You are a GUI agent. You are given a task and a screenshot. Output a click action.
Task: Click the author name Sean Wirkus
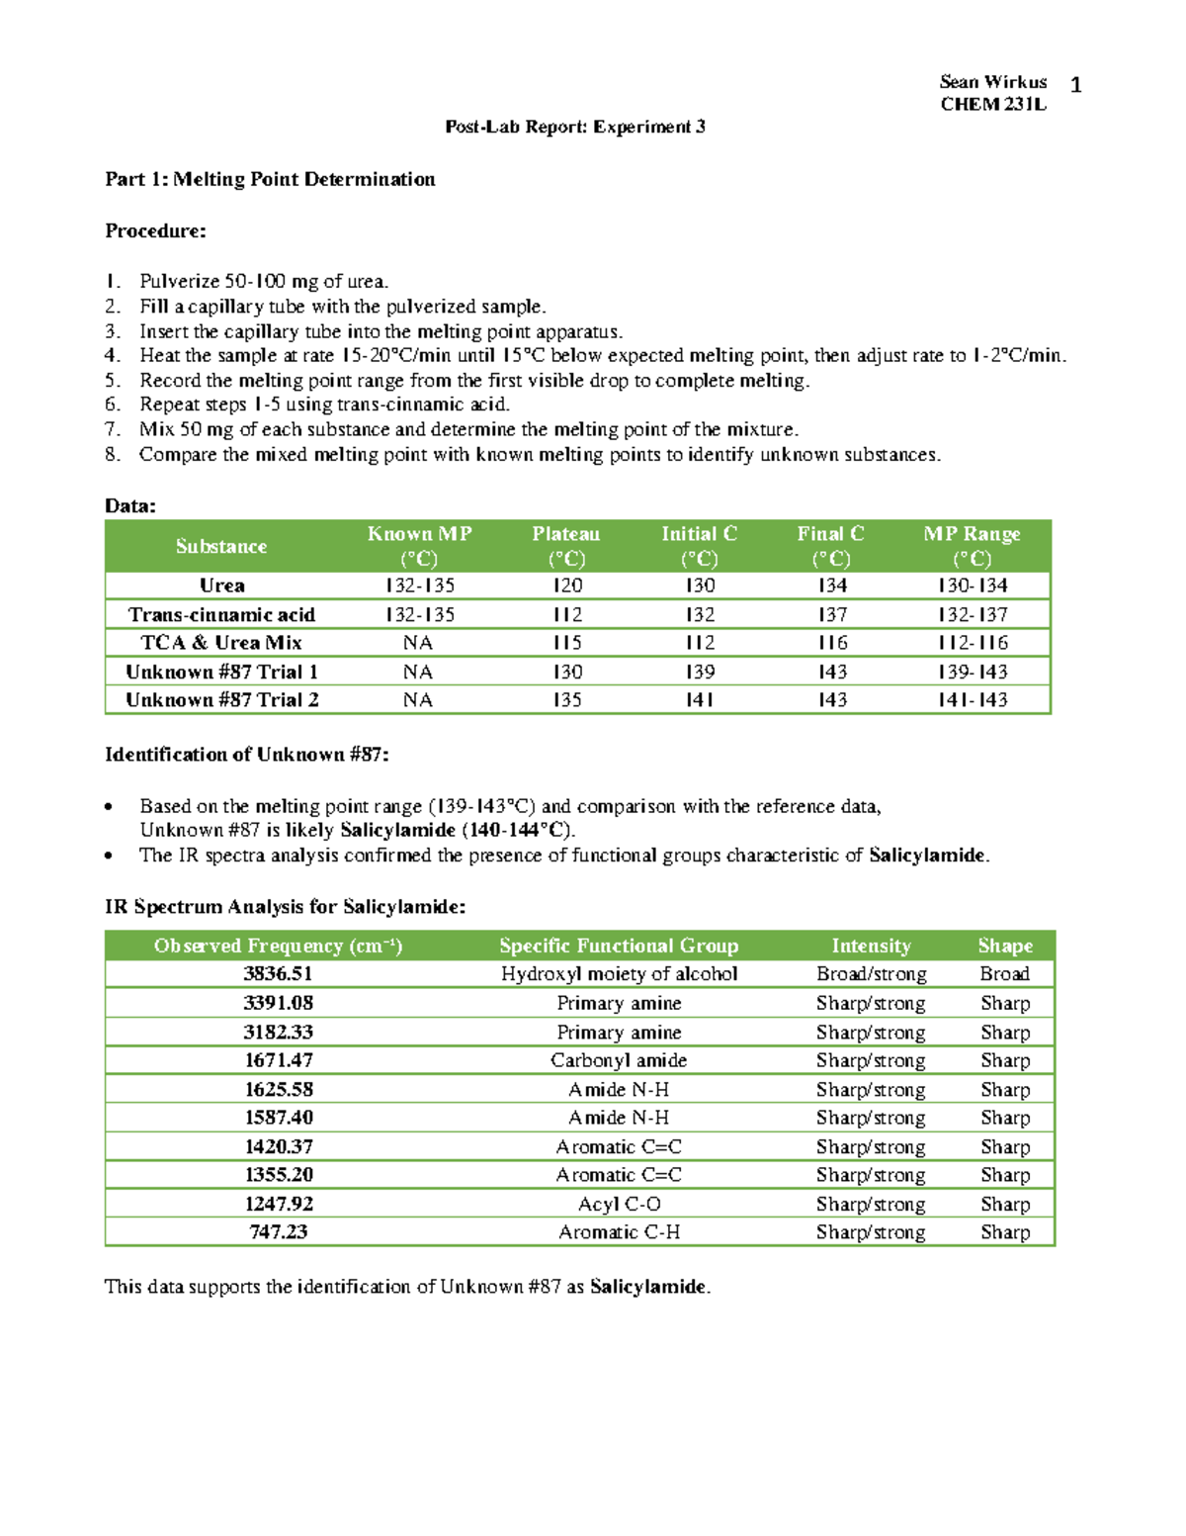click(992, 82)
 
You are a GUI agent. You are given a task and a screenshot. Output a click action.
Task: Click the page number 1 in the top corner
click(1075, 85)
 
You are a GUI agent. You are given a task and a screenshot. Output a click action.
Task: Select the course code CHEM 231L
click(992, 105)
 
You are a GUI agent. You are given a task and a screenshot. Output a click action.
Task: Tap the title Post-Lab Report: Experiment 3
click(575, 127)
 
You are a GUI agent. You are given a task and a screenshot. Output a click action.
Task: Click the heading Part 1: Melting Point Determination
click(270, 179)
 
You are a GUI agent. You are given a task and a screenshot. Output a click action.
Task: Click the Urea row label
click(221, 586)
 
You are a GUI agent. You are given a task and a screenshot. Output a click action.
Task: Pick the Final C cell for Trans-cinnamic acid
click(831, 614)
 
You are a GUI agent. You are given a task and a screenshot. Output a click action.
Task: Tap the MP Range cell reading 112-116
click(972, 643)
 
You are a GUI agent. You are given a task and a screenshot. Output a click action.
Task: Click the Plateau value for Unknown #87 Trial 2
click(566, 700)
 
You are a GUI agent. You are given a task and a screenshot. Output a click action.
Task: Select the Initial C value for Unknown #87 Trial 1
click(700, 672)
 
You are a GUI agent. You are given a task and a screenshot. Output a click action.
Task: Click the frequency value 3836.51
click(278, 974)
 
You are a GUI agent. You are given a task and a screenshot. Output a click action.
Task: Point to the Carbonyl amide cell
click(619, 1060)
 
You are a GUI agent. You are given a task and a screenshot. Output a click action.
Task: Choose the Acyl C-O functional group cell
click(619, 1204)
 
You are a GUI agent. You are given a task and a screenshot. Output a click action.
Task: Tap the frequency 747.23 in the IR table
click(278, 1232)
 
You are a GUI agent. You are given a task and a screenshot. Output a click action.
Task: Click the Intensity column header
click(871, 946)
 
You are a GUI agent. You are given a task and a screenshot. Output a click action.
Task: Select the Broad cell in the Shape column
click(1004, 974)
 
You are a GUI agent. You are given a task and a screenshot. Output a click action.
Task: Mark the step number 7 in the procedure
click(113, 429)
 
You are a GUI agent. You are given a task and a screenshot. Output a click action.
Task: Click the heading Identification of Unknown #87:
click(247, 755)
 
